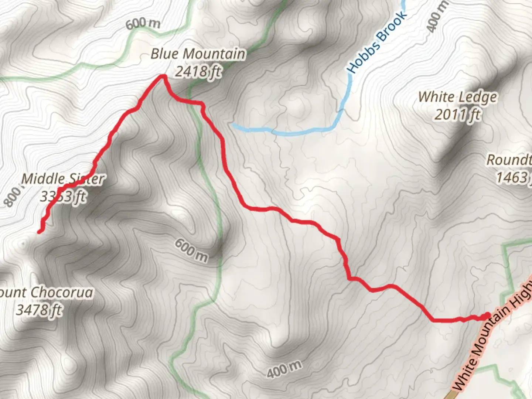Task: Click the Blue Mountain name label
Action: click(198, 54)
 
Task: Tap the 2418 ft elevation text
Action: click(198, 71)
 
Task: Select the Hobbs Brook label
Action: click(377, 41)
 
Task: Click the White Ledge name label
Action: click(457, 97)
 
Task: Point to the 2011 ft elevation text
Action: click(457, 115)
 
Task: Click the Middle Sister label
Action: click(63, 179)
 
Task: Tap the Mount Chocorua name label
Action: click(46, 293)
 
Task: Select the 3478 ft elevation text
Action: click(39, 310)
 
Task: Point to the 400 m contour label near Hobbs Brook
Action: click(438, 16)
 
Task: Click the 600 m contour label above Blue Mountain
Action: click(143, 24)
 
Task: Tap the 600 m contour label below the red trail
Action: click(191, 250)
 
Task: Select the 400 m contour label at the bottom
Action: click(284, 369)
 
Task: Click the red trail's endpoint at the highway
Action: click(487, 316)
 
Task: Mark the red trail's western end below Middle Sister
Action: click(40, 232)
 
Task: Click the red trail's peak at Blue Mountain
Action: click(162, 77)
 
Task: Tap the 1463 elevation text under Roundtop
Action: click(512, 178)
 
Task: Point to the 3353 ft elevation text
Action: click(63, 197)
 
